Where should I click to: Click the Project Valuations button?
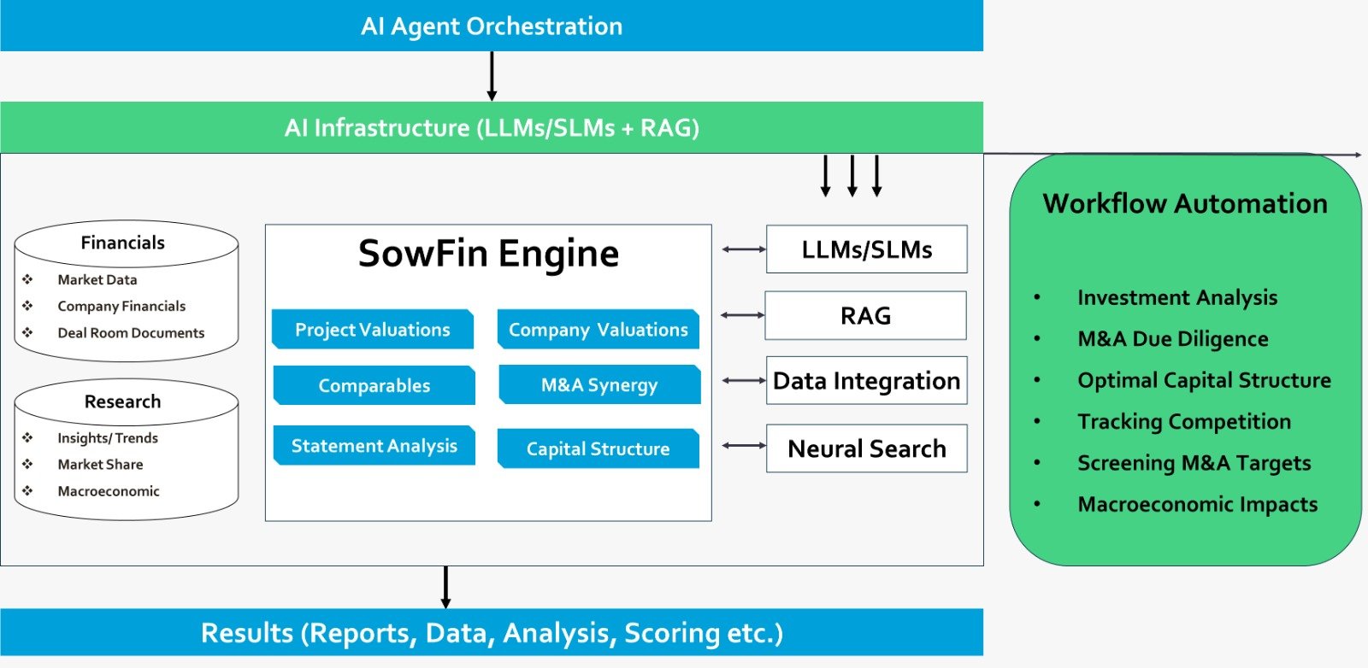pyautogui.click(x=373, y=330)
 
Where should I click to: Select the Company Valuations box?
pyautogui.click(x=598, y=330)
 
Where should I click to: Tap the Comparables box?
pyautogui.click(x=374, y=385)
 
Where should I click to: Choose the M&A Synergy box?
pyautogui.click(x=599, y=385)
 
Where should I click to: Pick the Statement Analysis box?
pyautogui.click(x=374, y=446)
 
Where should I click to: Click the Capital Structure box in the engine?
pyautogui.click(x=598, y=449)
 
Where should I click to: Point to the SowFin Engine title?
pyautogui.click(x=488, y=254)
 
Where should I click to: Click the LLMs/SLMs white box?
pyautogui.click(x=867, y=249)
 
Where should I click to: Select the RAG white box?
pyautogui.click(x=865, y=316)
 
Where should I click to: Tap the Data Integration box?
pyautogui.click(x=867, y=381)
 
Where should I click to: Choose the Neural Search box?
pyautogui.click(x=867, y=448)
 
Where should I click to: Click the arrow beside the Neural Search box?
pyautogui.click(x=744, y=445)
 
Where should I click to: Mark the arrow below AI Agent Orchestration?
pyautogui.click(x=492, y=76)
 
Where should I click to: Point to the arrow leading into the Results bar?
pyautogui.click(x=445, y=587)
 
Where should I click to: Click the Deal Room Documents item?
pyautogui.click(x=131, y=333)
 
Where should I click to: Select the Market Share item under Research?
pyautogui.click(x=100, y=465)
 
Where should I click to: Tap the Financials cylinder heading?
pyautogui.click(x=123, y=243)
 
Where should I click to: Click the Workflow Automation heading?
pyautogui.click(x=1185, y=203)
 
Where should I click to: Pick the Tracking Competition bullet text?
pyautogui.click(x=1184, y=421)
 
